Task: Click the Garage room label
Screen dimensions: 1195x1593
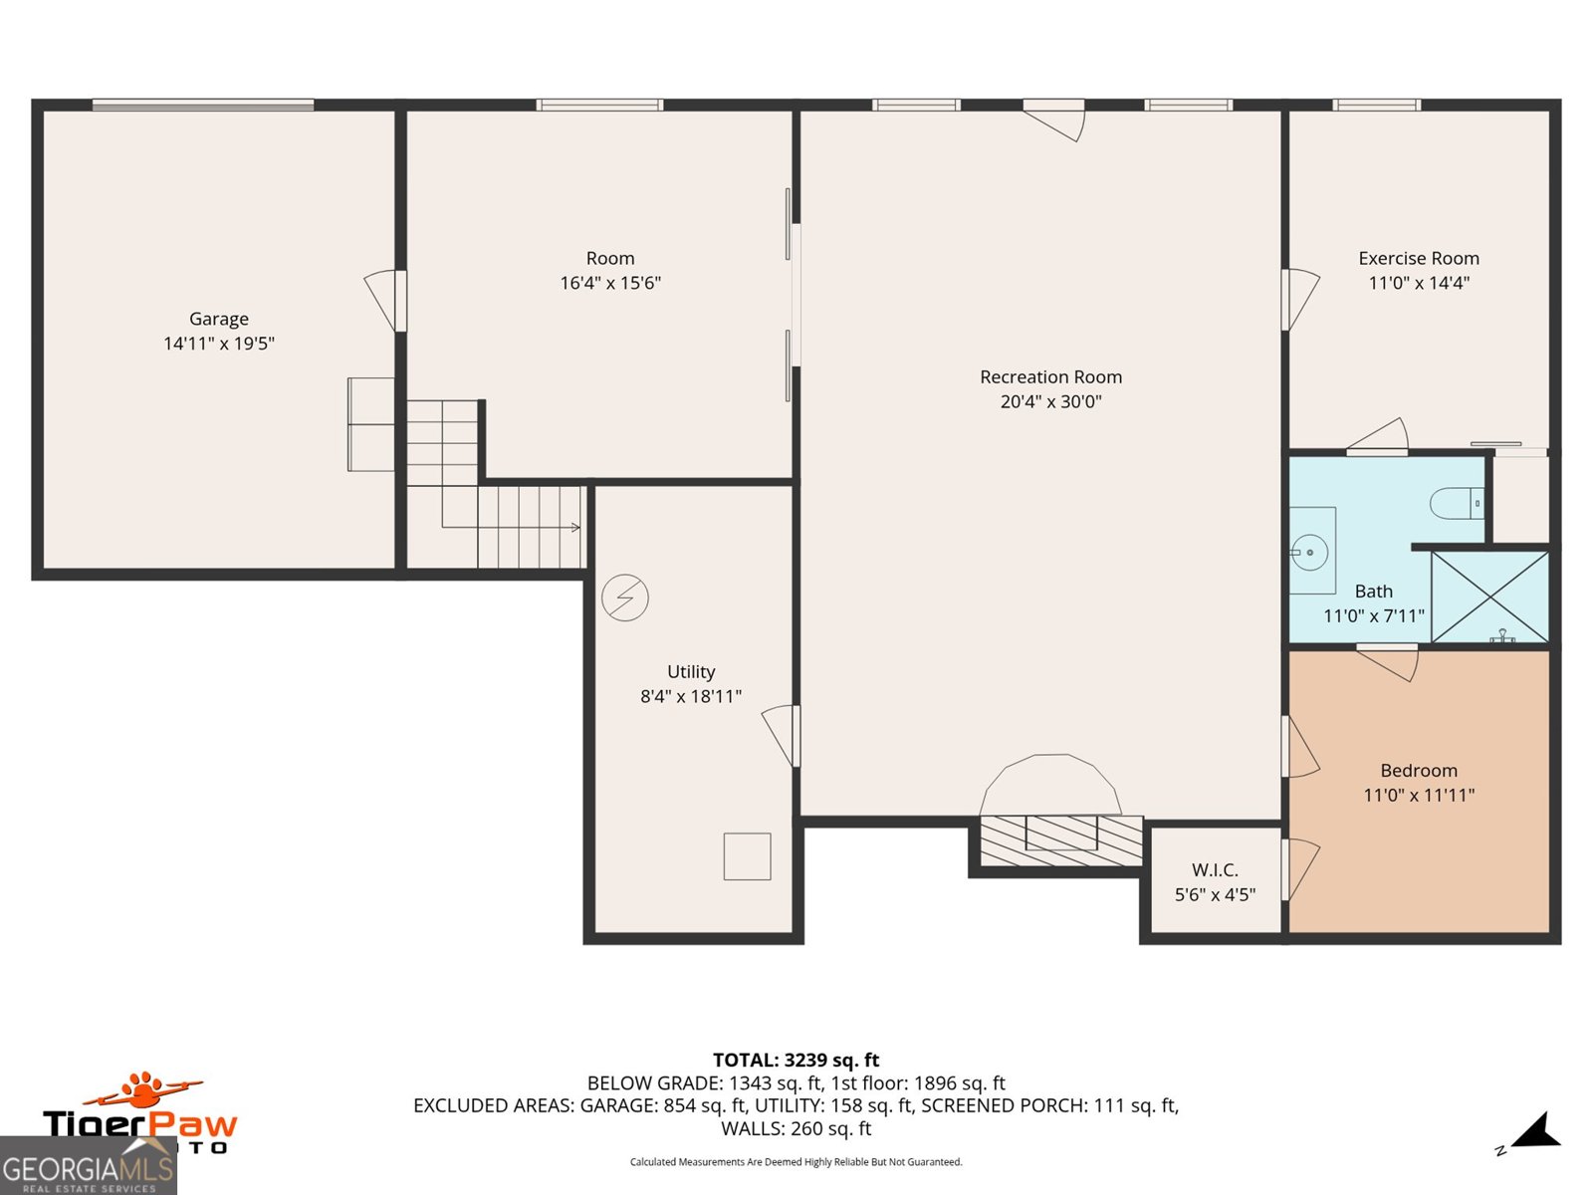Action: (x=219, y=319)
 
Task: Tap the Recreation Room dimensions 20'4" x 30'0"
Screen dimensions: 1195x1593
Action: (x=1050, y=402)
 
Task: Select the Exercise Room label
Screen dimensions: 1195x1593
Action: (x=1418, y=258)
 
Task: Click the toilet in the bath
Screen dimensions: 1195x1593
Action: (x=1456, y=503)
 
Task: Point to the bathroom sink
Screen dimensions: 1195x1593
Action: (x=1309, y=552)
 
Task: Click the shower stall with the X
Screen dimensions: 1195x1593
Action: (x=1489, y=597)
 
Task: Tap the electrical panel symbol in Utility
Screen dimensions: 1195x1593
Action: (x=625, y=598)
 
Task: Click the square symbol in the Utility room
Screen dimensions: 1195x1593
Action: (x=747, y=856)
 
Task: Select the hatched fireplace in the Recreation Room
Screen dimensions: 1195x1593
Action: (x=1060, y=839)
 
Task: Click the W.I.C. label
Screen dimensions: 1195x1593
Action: (x=1215, y=870)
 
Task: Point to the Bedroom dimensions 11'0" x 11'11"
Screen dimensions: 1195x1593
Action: (x=1418, y=795)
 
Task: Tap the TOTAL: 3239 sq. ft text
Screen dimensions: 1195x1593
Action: (x=796, y=1061)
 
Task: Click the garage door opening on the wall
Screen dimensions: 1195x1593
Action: (x=203, y=105)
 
